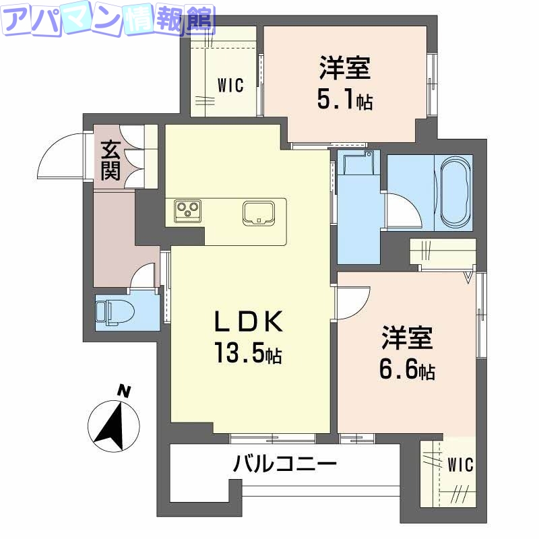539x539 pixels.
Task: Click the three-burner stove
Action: coord(188,211)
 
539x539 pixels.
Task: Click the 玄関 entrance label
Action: coord(110,160)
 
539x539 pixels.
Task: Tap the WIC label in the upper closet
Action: coord(230,86)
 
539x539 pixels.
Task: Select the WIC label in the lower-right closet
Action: coord(460,465)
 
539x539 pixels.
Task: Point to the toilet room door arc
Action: coord(143,274)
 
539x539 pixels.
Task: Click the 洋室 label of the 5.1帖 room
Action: coord(344,69)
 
